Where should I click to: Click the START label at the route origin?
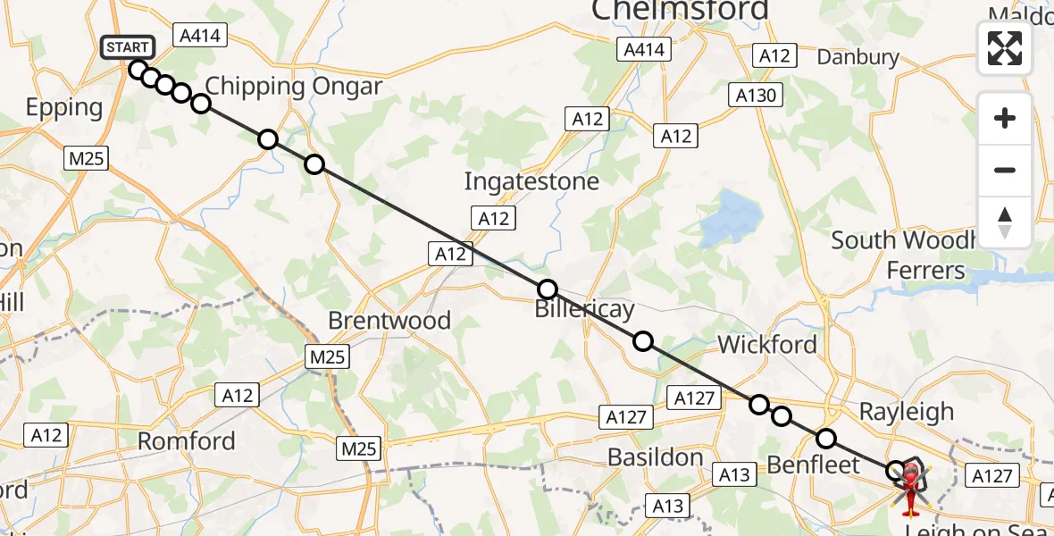click(x=129, y=46)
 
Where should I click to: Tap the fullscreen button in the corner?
click(x=1005, y=48)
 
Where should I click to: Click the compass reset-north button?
click(x=1005, y=222)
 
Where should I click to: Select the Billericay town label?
click(x=584, y=311)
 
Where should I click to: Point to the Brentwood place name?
click(x=389, y=321)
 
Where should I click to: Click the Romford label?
click(x=187, y=440)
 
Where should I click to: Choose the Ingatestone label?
click(x=531, y=182)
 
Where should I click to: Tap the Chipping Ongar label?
click(x=293, y=87)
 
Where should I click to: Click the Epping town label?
click(x=64, y=107)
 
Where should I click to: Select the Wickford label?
click(x=767, y=345)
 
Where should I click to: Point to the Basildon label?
click(x=656, y=457)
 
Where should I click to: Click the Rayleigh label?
click(x=906, y=412)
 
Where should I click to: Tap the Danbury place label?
click(x=858, y=57)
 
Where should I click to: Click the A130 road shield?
click(x=757, y=96)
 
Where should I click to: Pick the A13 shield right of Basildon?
click(x=735, y=475)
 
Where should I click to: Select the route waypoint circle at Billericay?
click(x=548, y=289)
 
